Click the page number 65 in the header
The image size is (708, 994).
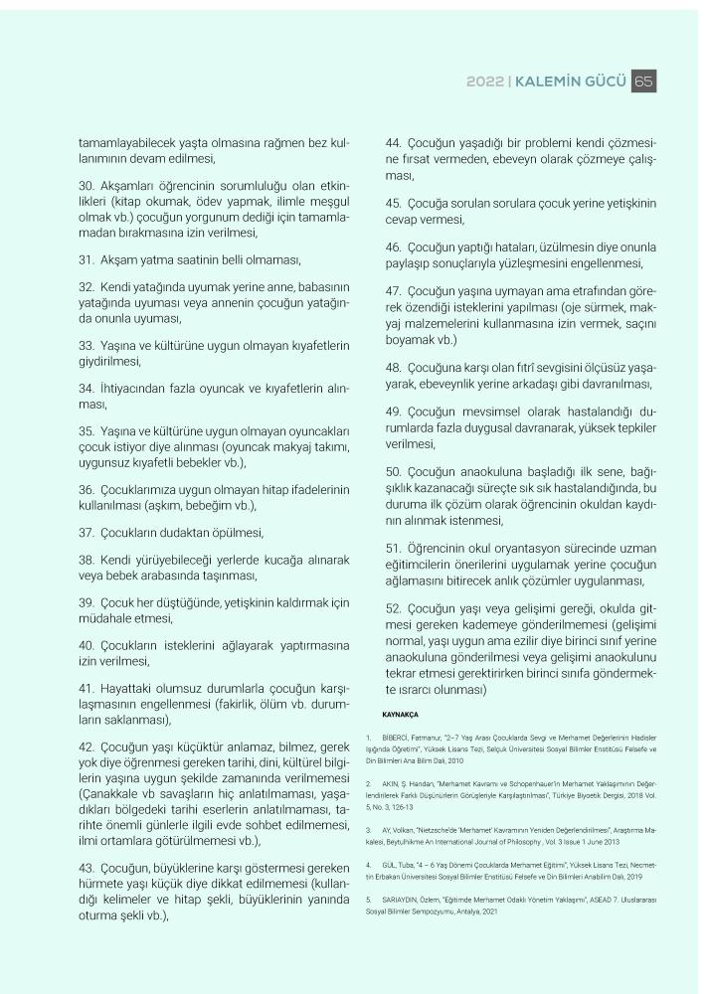coord(643,82)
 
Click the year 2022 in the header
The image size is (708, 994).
coord(485,82)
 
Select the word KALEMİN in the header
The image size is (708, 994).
coord(547,82)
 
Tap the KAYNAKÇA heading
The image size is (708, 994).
coord(401,715)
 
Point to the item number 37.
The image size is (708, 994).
coord(87,532)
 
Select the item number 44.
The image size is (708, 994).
coord(394,142)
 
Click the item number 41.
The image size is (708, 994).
coord(87,688)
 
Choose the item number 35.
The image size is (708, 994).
coord(87,431)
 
